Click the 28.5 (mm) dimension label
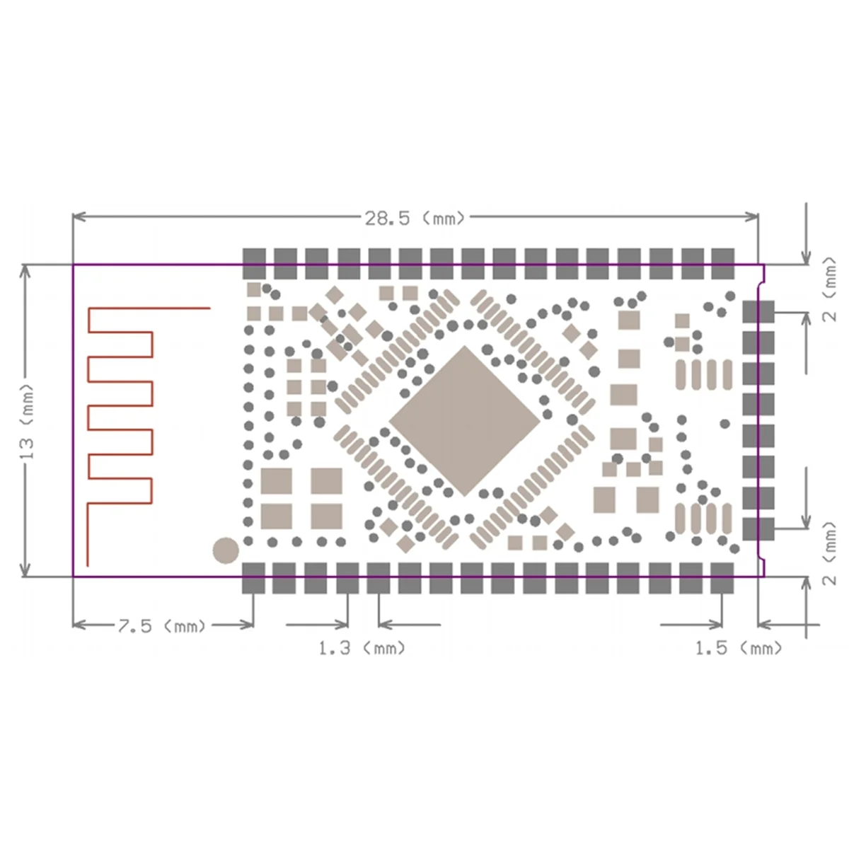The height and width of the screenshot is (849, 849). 415,219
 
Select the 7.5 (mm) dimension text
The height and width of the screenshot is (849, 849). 161,626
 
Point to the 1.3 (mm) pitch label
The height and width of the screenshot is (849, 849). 362,648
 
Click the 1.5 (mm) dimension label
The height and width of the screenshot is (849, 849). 739,648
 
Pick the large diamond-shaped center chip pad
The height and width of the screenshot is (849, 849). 464,421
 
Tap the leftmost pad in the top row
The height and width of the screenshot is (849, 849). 254,262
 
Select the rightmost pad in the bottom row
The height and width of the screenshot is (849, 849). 722,577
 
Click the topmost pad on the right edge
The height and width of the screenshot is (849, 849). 758,312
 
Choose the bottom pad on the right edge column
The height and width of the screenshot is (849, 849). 758,529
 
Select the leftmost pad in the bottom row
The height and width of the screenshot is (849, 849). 254,577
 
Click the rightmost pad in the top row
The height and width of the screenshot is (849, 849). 722,262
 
